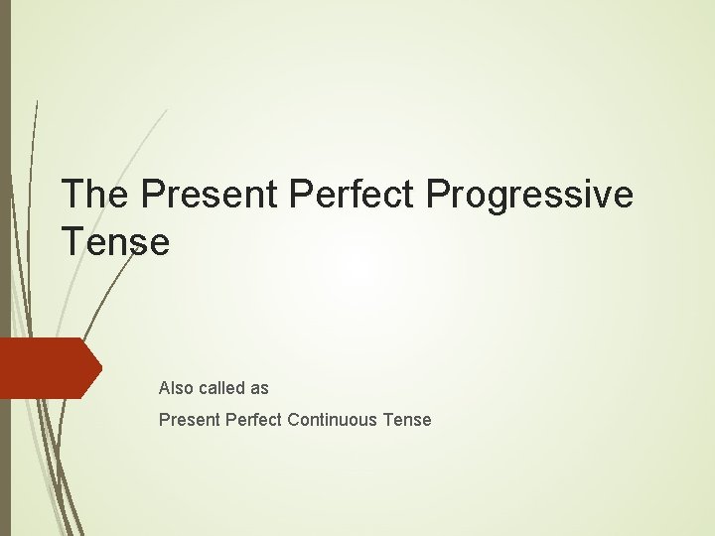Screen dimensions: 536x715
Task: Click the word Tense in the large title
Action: click(115, 241)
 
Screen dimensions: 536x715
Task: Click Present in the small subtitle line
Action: click(189, 420)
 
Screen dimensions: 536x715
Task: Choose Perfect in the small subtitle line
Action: click(254, 420)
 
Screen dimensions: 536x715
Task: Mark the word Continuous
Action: click(334, 420)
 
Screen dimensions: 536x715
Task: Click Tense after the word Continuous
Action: click(408, 420)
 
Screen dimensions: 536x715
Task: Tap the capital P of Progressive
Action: click(437, 195)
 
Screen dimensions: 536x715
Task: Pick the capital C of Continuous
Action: click(294, 420)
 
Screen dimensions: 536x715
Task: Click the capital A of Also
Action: click(165, 388)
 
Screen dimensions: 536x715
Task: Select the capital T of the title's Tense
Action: click(72, 241)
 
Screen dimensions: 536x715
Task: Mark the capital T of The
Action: click(72, 195)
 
